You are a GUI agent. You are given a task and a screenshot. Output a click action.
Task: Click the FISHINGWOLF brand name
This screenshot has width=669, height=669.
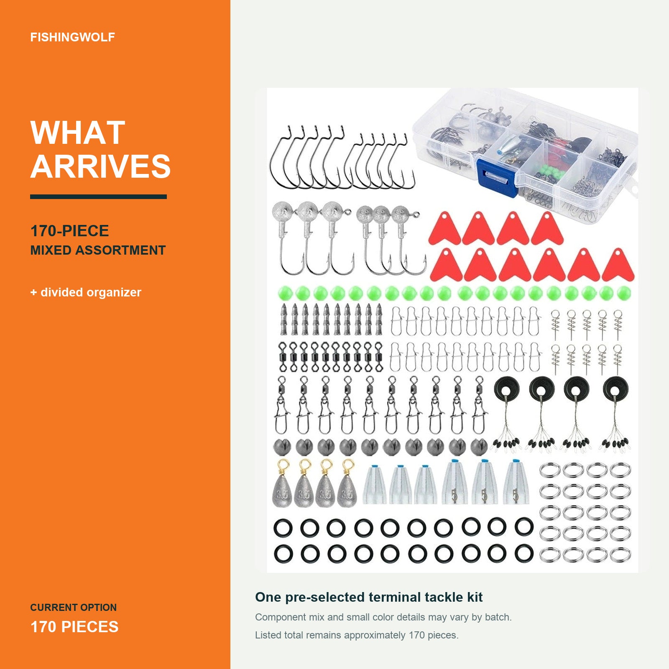72,37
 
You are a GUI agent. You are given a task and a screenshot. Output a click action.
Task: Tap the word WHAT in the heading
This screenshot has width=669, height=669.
78,133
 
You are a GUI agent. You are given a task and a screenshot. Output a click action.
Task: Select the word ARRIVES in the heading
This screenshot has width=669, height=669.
100,166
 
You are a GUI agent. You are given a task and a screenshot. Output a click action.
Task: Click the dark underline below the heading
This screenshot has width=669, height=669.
98,197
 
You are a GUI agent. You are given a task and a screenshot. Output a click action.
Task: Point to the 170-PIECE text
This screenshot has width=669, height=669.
69,231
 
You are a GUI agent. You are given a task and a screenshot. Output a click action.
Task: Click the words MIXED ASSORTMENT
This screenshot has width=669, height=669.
98,250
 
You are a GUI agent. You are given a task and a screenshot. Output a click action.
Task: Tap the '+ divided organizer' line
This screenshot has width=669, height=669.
86,292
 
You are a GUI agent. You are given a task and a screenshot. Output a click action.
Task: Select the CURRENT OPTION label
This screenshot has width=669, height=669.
73,608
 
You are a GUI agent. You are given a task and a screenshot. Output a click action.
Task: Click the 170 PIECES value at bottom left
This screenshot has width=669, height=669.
74,627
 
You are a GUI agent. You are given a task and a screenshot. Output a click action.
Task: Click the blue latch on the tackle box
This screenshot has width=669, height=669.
498,178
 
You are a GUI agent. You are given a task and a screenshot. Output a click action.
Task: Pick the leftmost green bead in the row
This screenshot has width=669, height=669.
285,293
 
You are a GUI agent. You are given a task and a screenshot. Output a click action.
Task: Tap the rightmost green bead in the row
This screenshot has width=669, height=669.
623,293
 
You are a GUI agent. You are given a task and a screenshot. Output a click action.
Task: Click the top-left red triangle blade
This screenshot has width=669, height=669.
444,230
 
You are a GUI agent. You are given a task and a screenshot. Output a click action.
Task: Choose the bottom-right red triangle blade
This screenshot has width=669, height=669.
618,266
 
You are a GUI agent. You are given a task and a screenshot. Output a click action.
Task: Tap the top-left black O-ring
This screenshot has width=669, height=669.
283,528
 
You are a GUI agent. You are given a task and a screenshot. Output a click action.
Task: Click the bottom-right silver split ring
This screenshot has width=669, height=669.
620,554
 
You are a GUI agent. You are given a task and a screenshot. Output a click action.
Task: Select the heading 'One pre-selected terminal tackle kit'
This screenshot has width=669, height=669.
369,597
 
